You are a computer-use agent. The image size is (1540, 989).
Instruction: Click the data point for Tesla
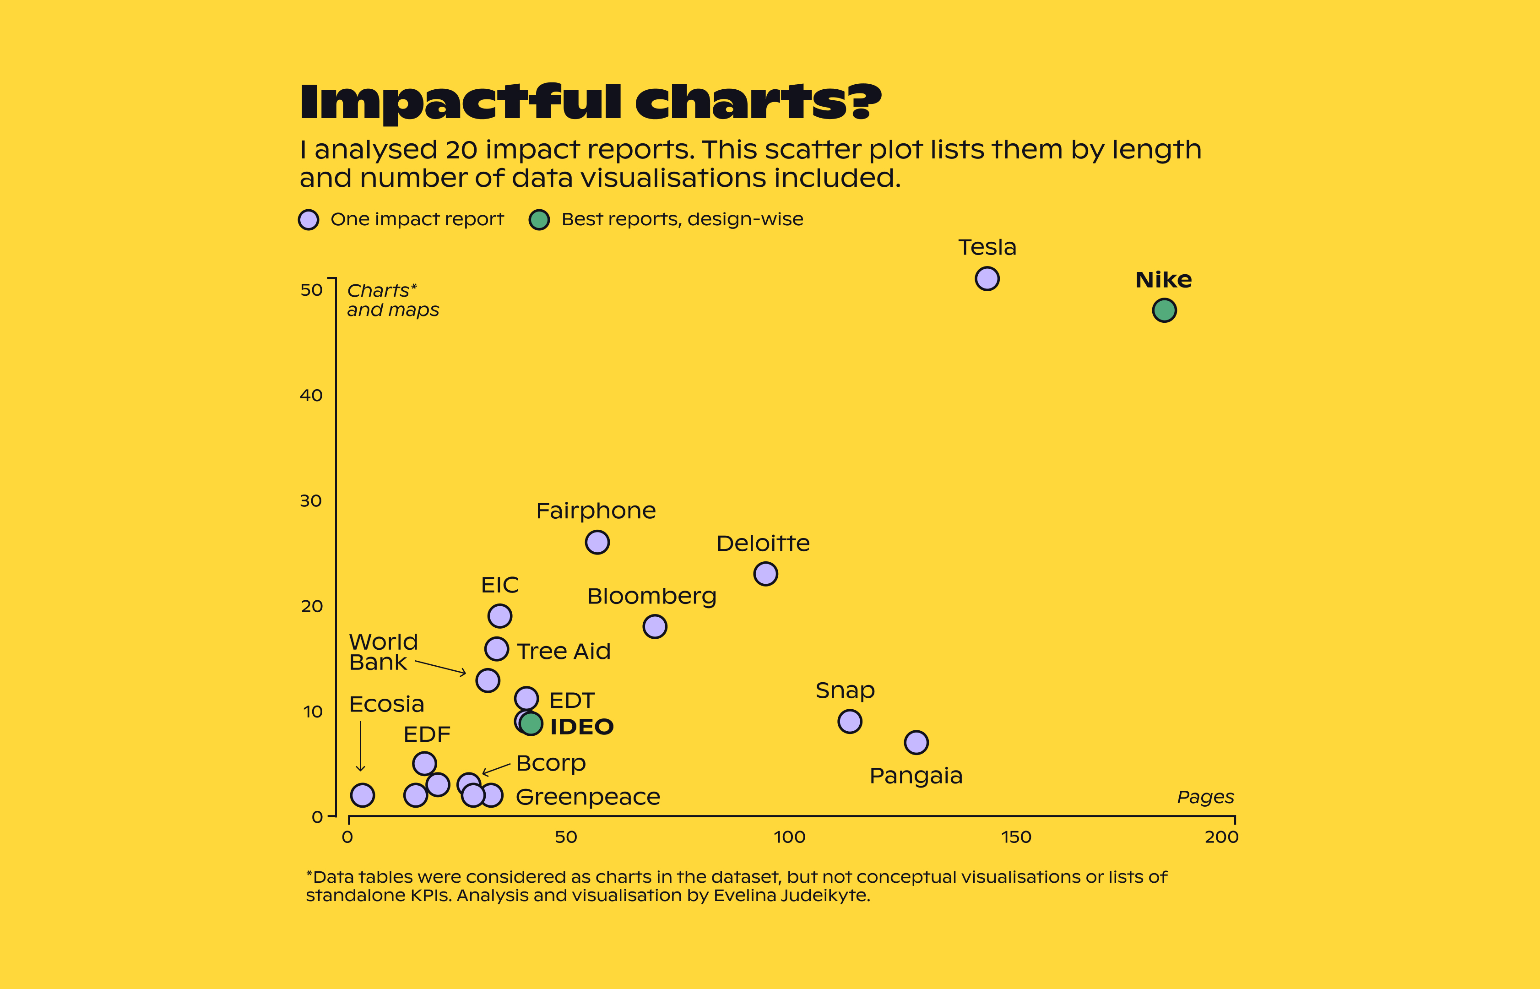987,279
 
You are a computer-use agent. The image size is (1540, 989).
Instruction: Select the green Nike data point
1164,310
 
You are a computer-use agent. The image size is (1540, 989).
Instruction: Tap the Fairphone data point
597,542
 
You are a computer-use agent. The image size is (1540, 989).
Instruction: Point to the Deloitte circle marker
765,574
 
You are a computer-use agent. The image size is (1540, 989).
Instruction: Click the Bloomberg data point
654,626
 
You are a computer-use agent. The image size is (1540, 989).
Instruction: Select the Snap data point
849,721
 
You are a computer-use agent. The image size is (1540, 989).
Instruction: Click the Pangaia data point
916,742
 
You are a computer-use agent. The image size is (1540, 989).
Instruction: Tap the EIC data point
499,616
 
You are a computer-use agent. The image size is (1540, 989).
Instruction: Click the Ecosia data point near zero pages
363,795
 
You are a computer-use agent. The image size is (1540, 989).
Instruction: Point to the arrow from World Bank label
440,667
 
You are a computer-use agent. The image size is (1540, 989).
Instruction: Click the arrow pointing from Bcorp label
496,769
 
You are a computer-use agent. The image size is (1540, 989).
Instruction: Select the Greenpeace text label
587,797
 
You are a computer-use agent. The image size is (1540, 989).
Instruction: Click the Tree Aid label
564,651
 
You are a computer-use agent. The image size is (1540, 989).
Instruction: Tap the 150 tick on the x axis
1016,837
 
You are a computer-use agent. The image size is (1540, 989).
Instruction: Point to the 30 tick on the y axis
311,501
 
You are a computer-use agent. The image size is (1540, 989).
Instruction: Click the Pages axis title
1205,797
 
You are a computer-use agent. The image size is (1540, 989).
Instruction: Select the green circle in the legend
539,220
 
